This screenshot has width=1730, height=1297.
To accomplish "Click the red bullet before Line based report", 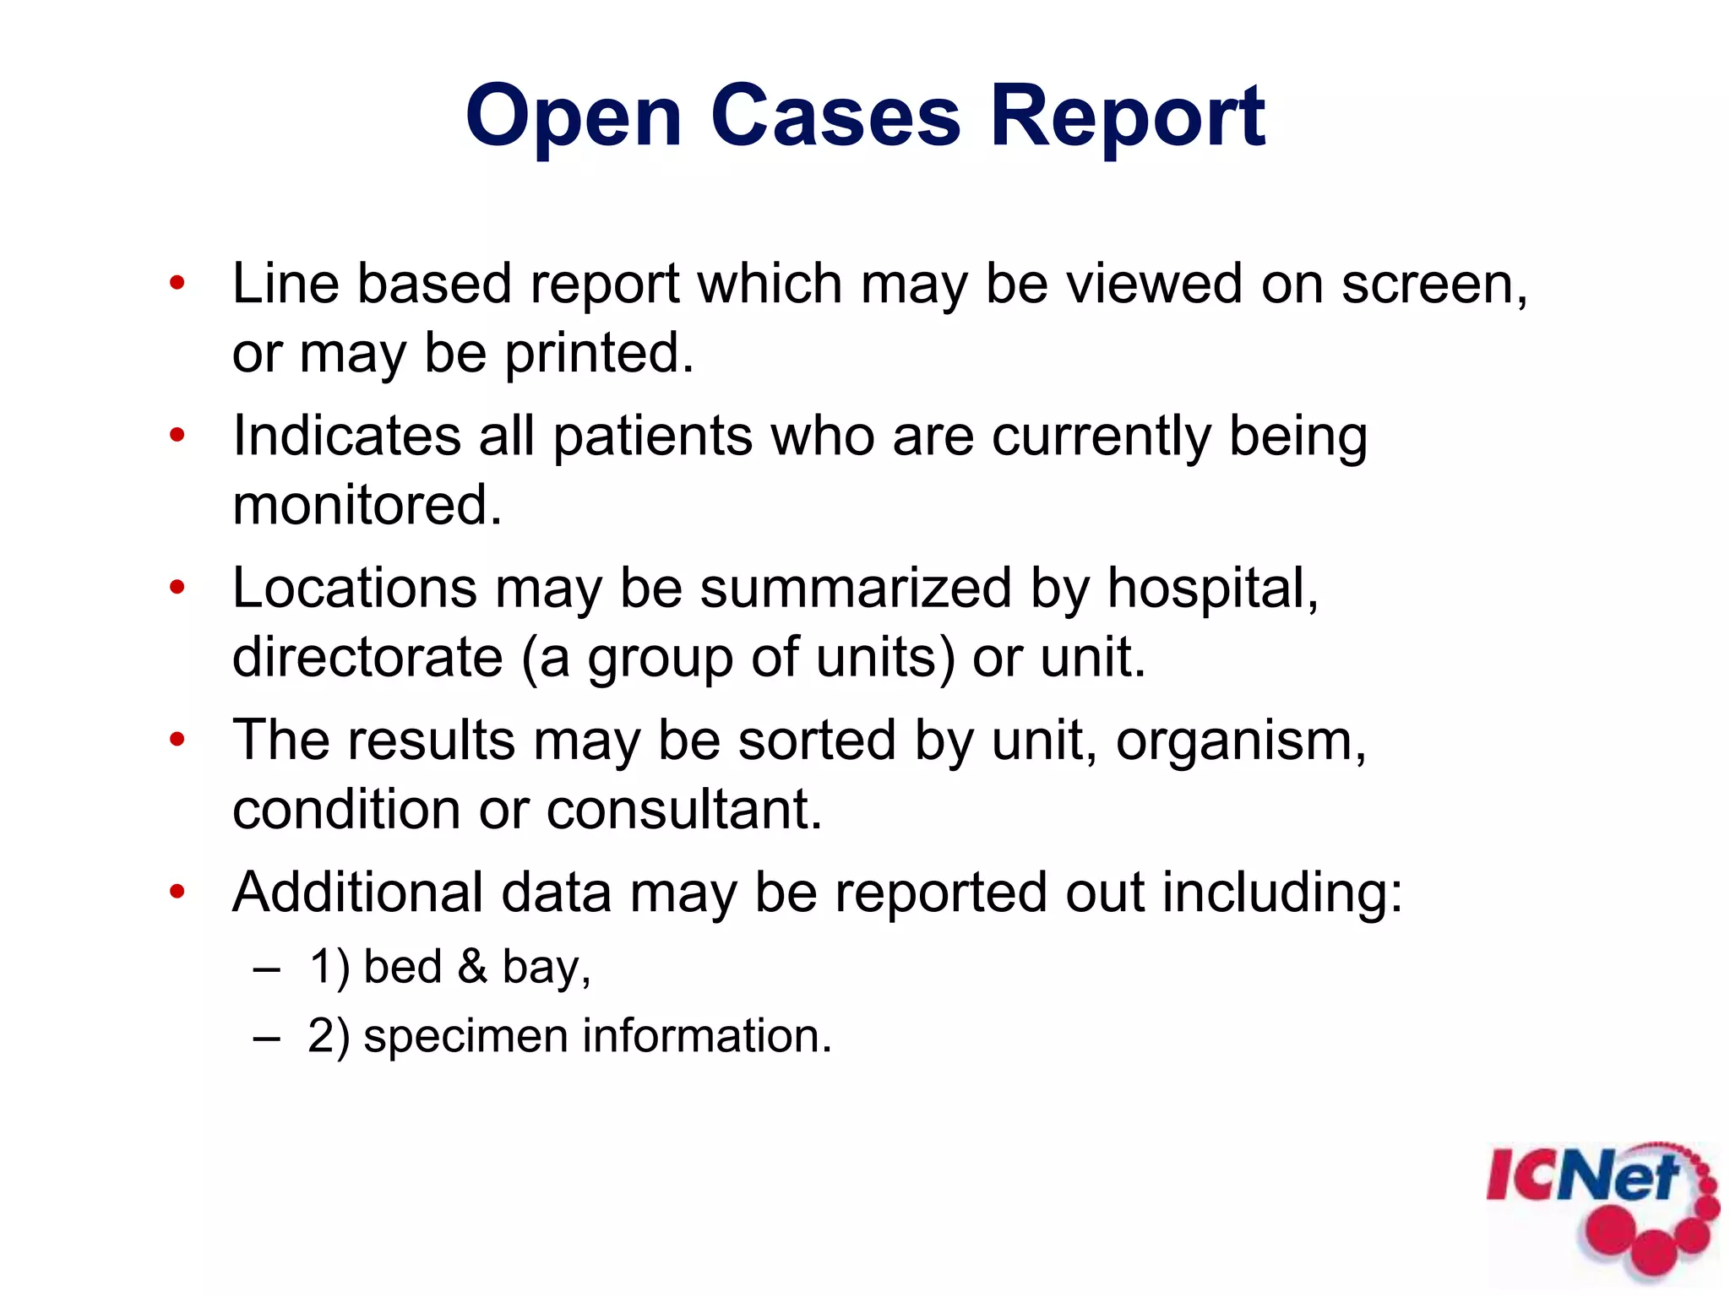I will pyautogui.click(x=177, y=284).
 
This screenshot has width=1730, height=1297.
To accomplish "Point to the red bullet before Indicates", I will pyautogui.click(x=177, y=436).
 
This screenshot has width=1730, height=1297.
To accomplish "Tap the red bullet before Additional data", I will pyautogui.click(x=177, y=892).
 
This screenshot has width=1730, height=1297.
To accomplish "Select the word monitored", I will pyautogui.click(x=367, y=505).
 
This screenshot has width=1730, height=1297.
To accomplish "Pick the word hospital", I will pyautogui.click(x=1211, y=588).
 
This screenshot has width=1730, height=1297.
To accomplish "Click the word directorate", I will pyautogui.click(x=367, y=657).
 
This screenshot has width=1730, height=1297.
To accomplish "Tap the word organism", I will pyautogui.click(x=1238, y=741).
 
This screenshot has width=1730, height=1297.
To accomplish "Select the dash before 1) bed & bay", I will pyautogui.click(x=266, y=969).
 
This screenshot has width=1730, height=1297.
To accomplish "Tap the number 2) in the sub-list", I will pyautogui.click(x=328, y=1036).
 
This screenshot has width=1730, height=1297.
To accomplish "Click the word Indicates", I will pyautogui.click(x=346, y=436).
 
